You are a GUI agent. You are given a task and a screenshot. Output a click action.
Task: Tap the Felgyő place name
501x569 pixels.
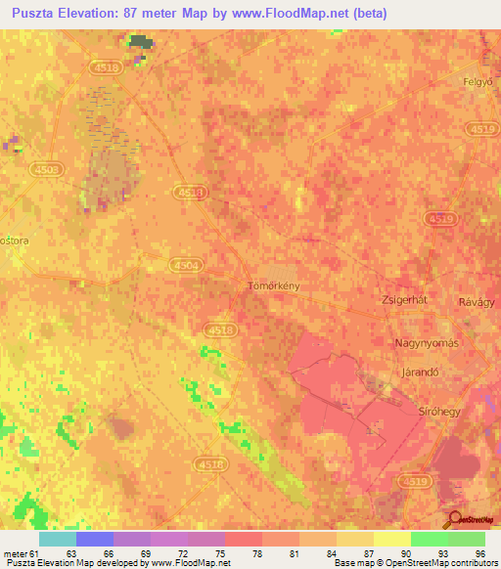[x=479, y=83]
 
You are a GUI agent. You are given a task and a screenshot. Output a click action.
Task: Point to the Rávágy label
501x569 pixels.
[x=478, y=303]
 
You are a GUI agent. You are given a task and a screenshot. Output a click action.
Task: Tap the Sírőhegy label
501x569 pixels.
[x=439, y=412]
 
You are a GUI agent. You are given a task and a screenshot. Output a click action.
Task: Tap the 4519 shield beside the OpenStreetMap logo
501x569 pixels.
[x=413, y=481]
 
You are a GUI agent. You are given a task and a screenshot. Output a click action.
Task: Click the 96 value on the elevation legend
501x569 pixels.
[x=479, y=552]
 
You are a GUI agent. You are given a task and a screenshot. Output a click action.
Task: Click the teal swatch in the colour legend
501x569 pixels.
[x=57, y=539]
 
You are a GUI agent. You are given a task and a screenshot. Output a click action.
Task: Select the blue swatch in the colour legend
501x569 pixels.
[x=94, y=539]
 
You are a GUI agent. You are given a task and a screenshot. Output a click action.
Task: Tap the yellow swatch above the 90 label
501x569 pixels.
[x=391, y=539]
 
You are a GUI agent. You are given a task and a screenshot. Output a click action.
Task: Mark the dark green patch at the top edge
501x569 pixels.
[x=142, y=41]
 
